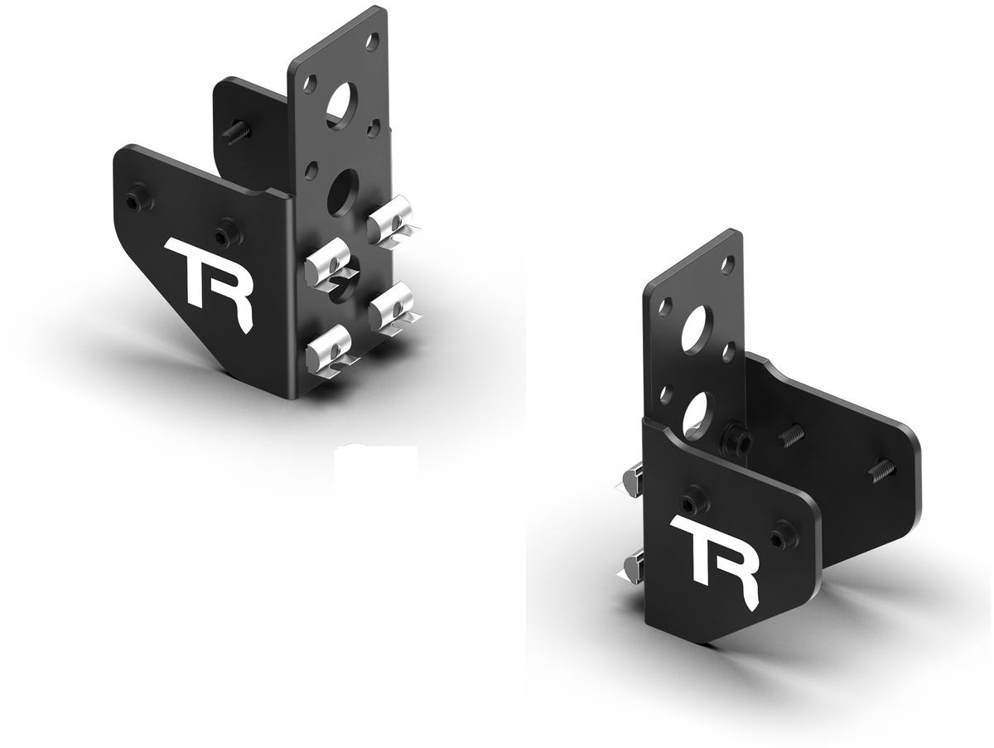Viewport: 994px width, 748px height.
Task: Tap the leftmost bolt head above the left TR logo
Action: (x=135, y=202)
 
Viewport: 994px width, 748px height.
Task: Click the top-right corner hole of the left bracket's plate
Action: (x=372, y=38)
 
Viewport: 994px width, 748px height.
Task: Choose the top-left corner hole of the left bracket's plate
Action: (x=310, y=84)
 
